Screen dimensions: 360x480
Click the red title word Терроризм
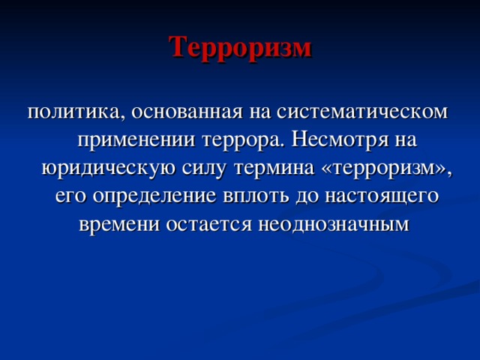click(x=239, y=47)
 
